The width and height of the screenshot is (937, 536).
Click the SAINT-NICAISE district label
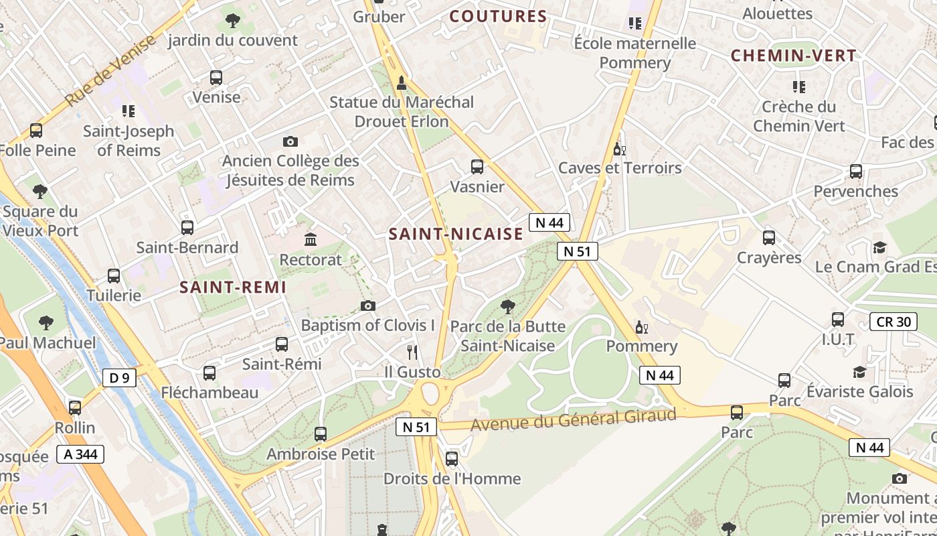tap(456, 234)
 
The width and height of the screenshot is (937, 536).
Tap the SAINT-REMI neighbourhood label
tap(233, 287)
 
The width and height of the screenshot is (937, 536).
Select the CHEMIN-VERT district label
tap(793, 56)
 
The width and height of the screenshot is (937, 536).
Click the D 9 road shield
tap(119, 378)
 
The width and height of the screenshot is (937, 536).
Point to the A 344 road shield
tap(81, 454)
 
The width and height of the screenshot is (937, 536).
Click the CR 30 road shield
tap(893, 322)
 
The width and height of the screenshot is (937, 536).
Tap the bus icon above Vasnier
tap(477, 167)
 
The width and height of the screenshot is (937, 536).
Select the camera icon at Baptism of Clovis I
tap(367, 306)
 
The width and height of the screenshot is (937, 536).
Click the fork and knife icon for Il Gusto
tap(412, 352)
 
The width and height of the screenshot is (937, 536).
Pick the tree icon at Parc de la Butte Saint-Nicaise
tap(508, 307)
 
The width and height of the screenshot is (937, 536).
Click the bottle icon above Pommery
tap(641, 327)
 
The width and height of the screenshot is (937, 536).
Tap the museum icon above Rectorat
tap(311, 239)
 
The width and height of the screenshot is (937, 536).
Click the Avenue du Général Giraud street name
tap(574, 420)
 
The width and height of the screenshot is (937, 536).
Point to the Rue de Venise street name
tap(110, 70)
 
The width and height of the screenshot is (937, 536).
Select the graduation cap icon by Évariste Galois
tap(860, 372)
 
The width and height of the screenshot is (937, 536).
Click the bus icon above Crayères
tap(769, 238)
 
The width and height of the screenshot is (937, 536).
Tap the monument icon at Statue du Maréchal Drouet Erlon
tap(402, 82)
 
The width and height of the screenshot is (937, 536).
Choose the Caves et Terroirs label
tap(620, 167)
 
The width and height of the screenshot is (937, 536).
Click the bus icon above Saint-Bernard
tap(187, 228)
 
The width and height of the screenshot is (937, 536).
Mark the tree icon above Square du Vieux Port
tap(40, 192)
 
